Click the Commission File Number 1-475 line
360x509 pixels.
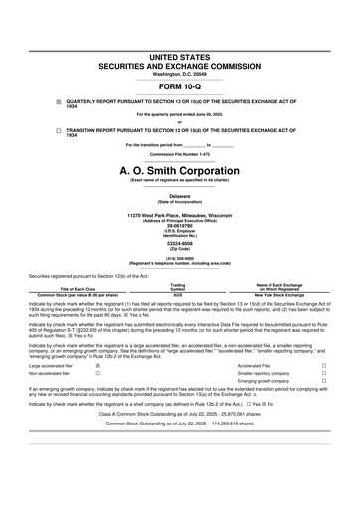tap(180, 155)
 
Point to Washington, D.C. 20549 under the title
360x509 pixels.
tap(180, 75)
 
